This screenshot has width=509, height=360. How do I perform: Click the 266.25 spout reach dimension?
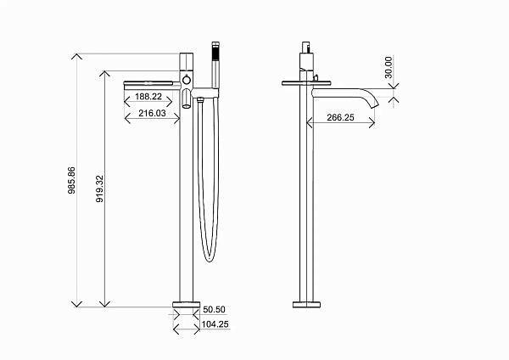click(339, 119)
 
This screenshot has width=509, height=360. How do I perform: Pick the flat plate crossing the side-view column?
click(307, 83)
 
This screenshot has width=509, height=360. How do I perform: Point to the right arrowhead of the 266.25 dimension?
click(372, 126)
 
